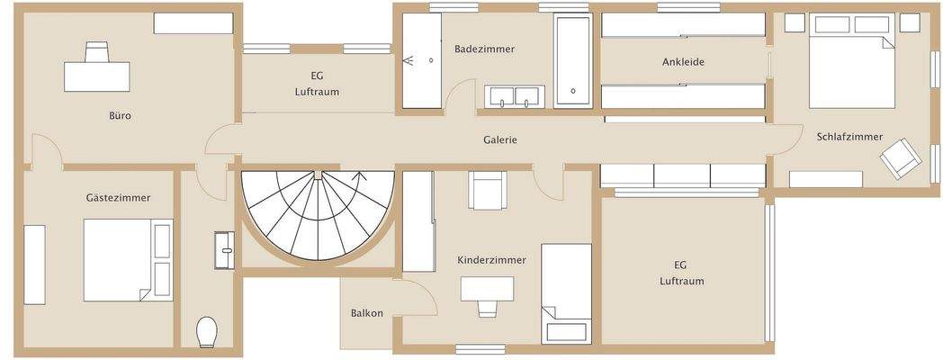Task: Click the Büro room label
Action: (121, 115)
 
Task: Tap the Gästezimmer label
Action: (118, 197)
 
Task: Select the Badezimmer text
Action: (484, 49)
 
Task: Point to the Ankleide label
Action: (682, 62)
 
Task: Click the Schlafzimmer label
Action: (849, 137)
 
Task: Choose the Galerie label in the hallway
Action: (500, 140)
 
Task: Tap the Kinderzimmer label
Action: (491, 260)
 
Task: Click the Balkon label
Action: (367, 313)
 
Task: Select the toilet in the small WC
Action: (207, 331)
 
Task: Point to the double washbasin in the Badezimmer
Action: (515, 96)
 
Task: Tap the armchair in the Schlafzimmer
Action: (902, 159)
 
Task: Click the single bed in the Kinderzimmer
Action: (566, 292)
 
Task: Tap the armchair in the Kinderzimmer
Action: (485, 190)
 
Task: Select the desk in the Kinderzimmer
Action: (487, 289)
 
